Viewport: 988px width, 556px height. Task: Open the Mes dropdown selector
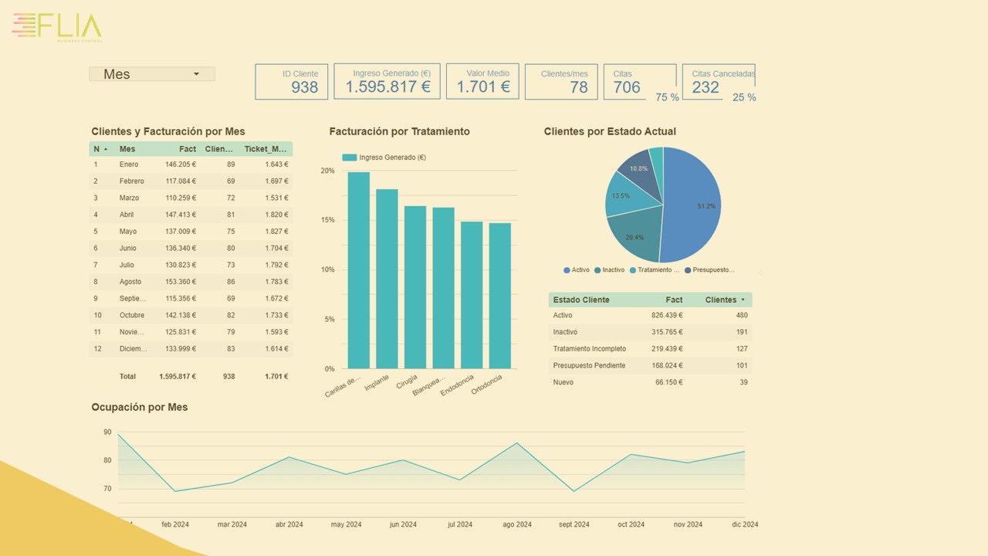[152, 74]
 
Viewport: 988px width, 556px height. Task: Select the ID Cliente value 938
[304, 87]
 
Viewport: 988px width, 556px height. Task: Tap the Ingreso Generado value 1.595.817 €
[387, 87]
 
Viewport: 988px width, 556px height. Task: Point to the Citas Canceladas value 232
[705, 87]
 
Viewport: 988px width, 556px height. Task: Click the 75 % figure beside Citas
[667, 97]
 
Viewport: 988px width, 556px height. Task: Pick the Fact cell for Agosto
[180, 282]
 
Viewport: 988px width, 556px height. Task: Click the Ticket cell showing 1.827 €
[276, 232]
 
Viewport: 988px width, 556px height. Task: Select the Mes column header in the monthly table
[127, 149]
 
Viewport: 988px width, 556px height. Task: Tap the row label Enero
[129, 164]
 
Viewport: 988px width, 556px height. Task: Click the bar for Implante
[387, 278]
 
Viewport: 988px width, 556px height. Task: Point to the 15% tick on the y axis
[328, 220]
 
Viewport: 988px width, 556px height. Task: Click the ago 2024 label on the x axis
[516, 524]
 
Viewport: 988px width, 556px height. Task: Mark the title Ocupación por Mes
[140, 407]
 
